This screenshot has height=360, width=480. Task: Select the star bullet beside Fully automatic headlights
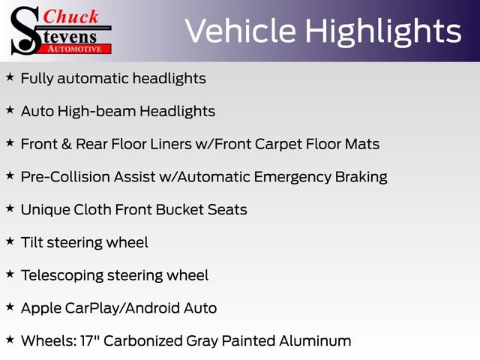10,77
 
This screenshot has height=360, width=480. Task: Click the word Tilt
32,242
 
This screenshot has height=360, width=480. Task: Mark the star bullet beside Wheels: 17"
10,340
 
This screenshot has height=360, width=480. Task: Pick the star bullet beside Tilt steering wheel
10,241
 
